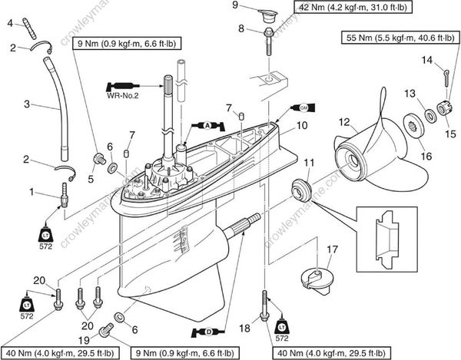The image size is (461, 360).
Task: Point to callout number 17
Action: click(331, 249)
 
